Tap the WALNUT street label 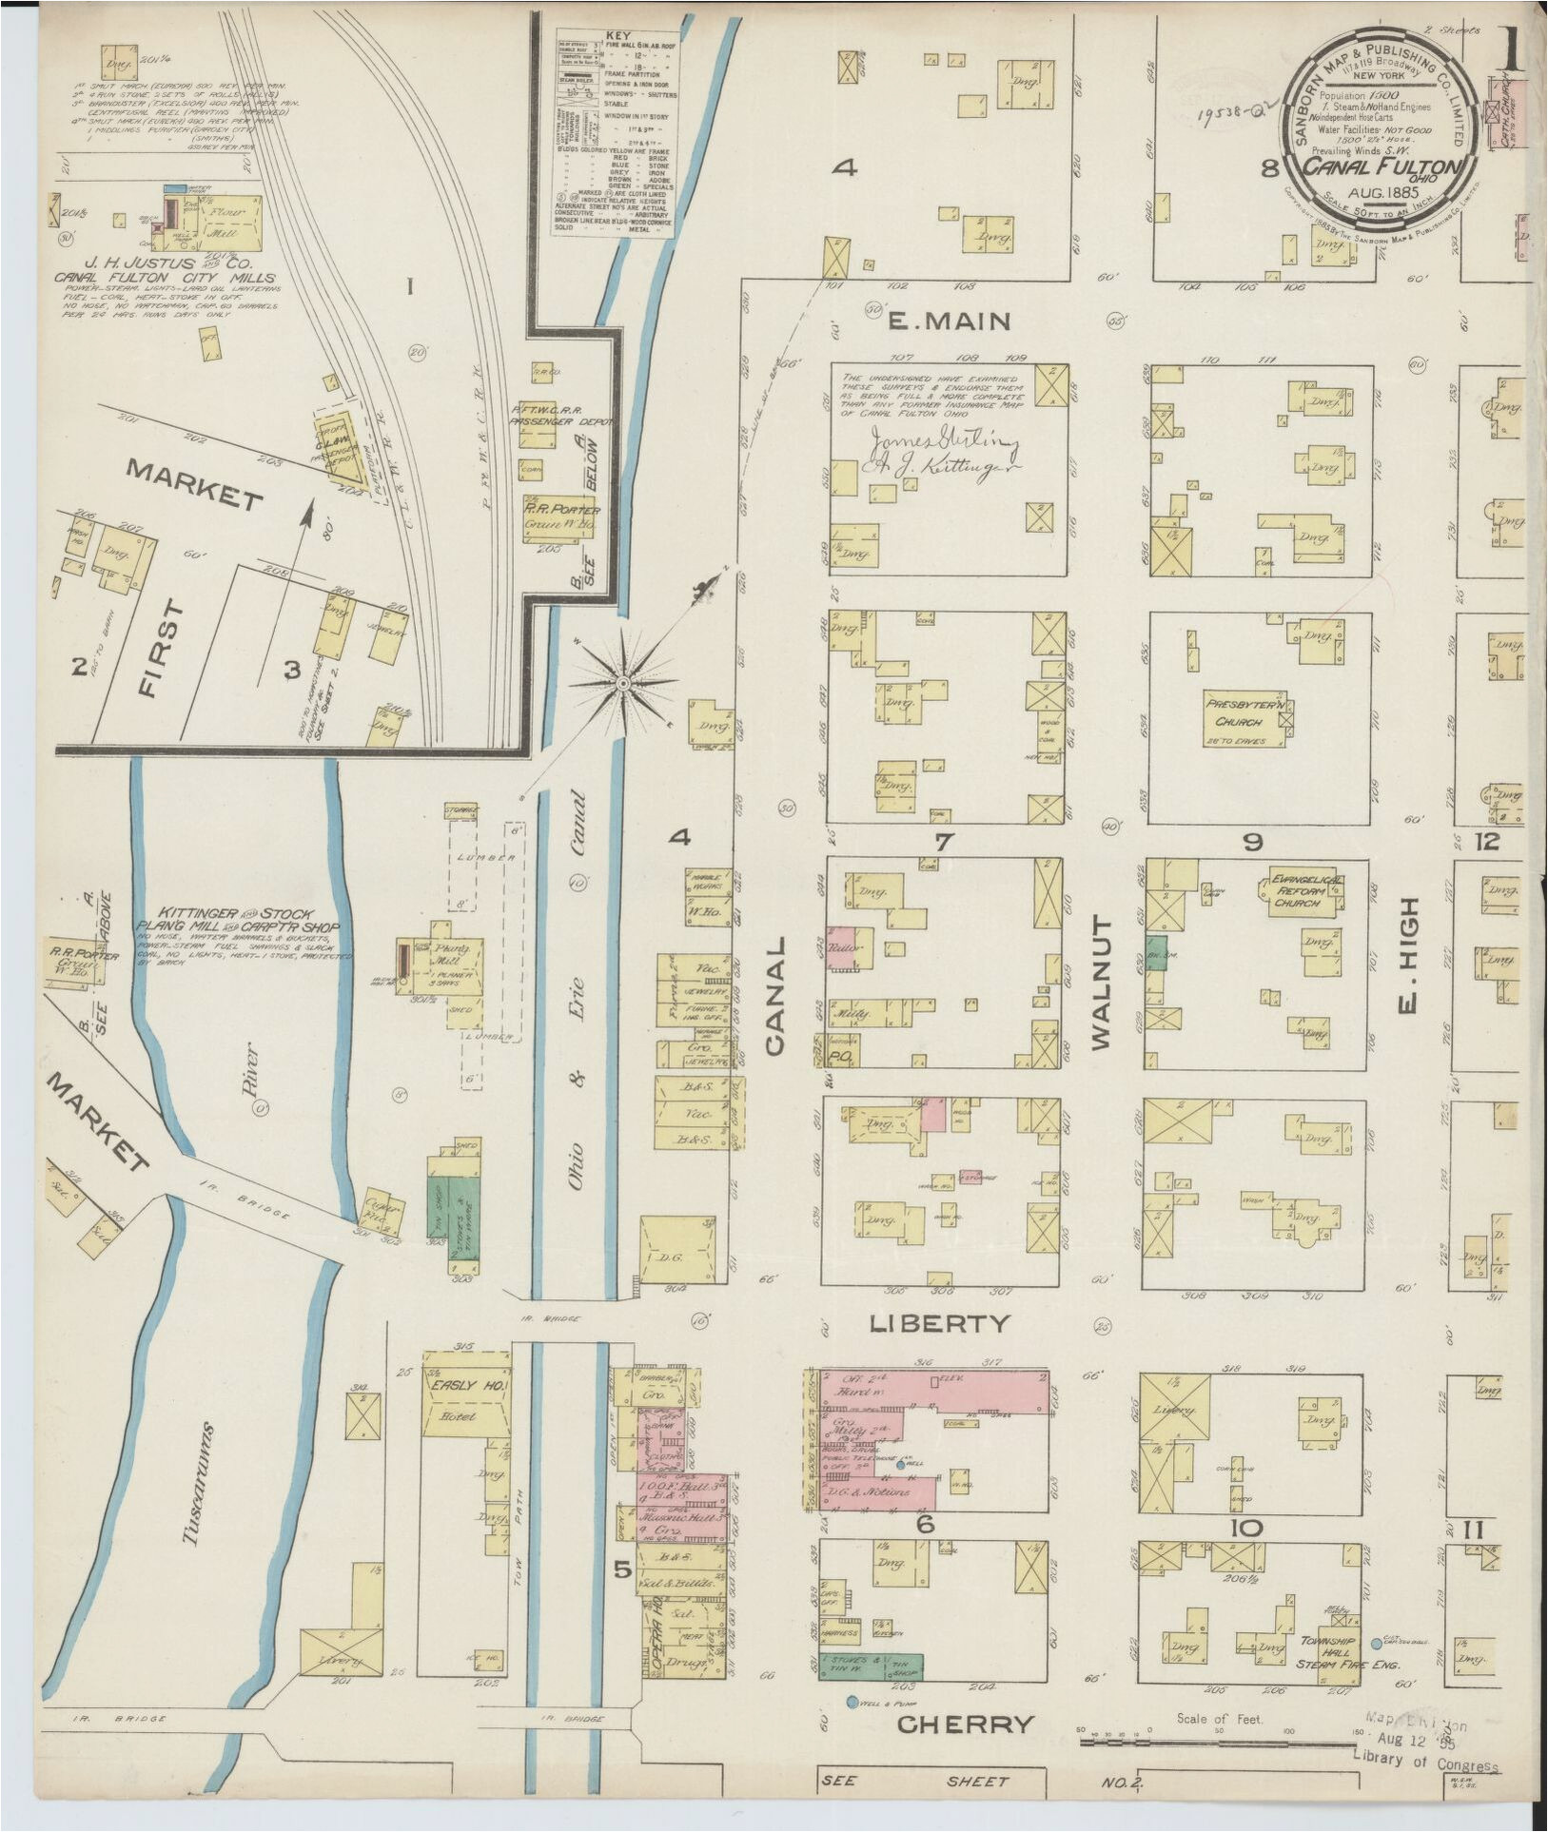pos(1102,983)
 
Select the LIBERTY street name pos(938,1323)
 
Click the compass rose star pos(623,682)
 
